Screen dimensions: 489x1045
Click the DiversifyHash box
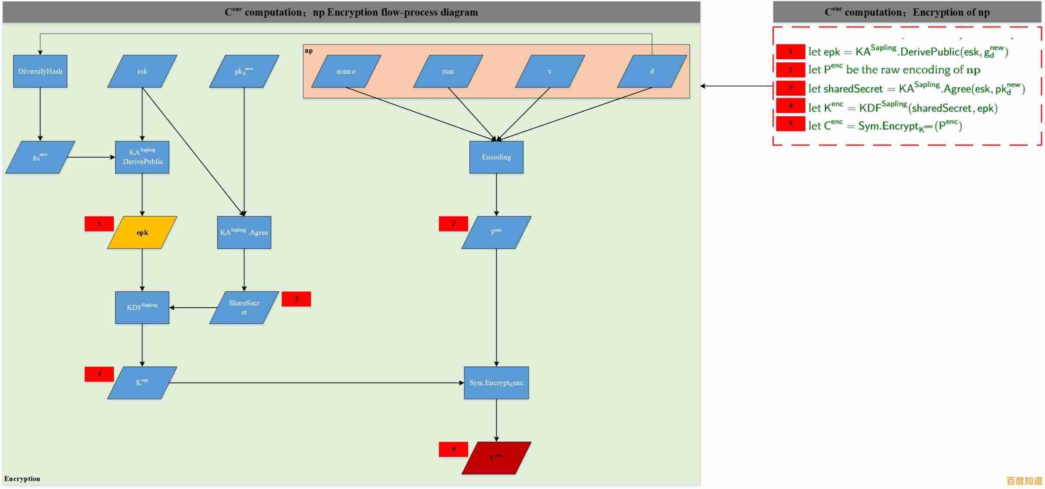click(40, 71)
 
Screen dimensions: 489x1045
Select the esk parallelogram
click(142, 71)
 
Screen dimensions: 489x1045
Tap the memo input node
click(346, 71)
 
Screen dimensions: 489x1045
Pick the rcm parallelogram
click(448, 71)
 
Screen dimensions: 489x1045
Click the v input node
click(549, 71)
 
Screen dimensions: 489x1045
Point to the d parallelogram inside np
click(651, 71)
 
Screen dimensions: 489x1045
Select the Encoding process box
click(496, 157)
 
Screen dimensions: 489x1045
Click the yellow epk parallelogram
click(142, 232)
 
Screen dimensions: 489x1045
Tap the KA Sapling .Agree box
click(244, 232)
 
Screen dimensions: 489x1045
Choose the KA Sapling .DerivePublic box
click(142, 157)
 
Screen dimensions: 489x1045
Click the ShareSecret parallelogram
click(244, 307)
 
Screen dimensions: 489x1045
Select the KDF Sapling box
click(142, 307)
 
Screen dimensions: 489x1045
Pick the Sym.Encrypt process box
click(496, 383)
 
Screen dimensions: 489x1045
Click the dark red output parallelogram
click(496, 458)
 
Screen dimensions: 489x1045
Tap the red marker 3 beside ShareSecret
click(296, 299)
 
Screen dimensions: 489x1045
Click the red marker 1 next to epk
click(99, 224)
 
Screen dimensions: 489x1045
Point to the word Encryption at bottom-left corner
click(22, 479)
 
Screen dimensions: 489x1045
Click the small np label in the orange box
click(308, 51)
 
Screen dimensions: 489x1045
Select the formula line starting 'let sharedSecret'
click(916, 89)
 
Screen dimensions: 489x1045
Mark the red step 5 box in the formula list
click(790, 123)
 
